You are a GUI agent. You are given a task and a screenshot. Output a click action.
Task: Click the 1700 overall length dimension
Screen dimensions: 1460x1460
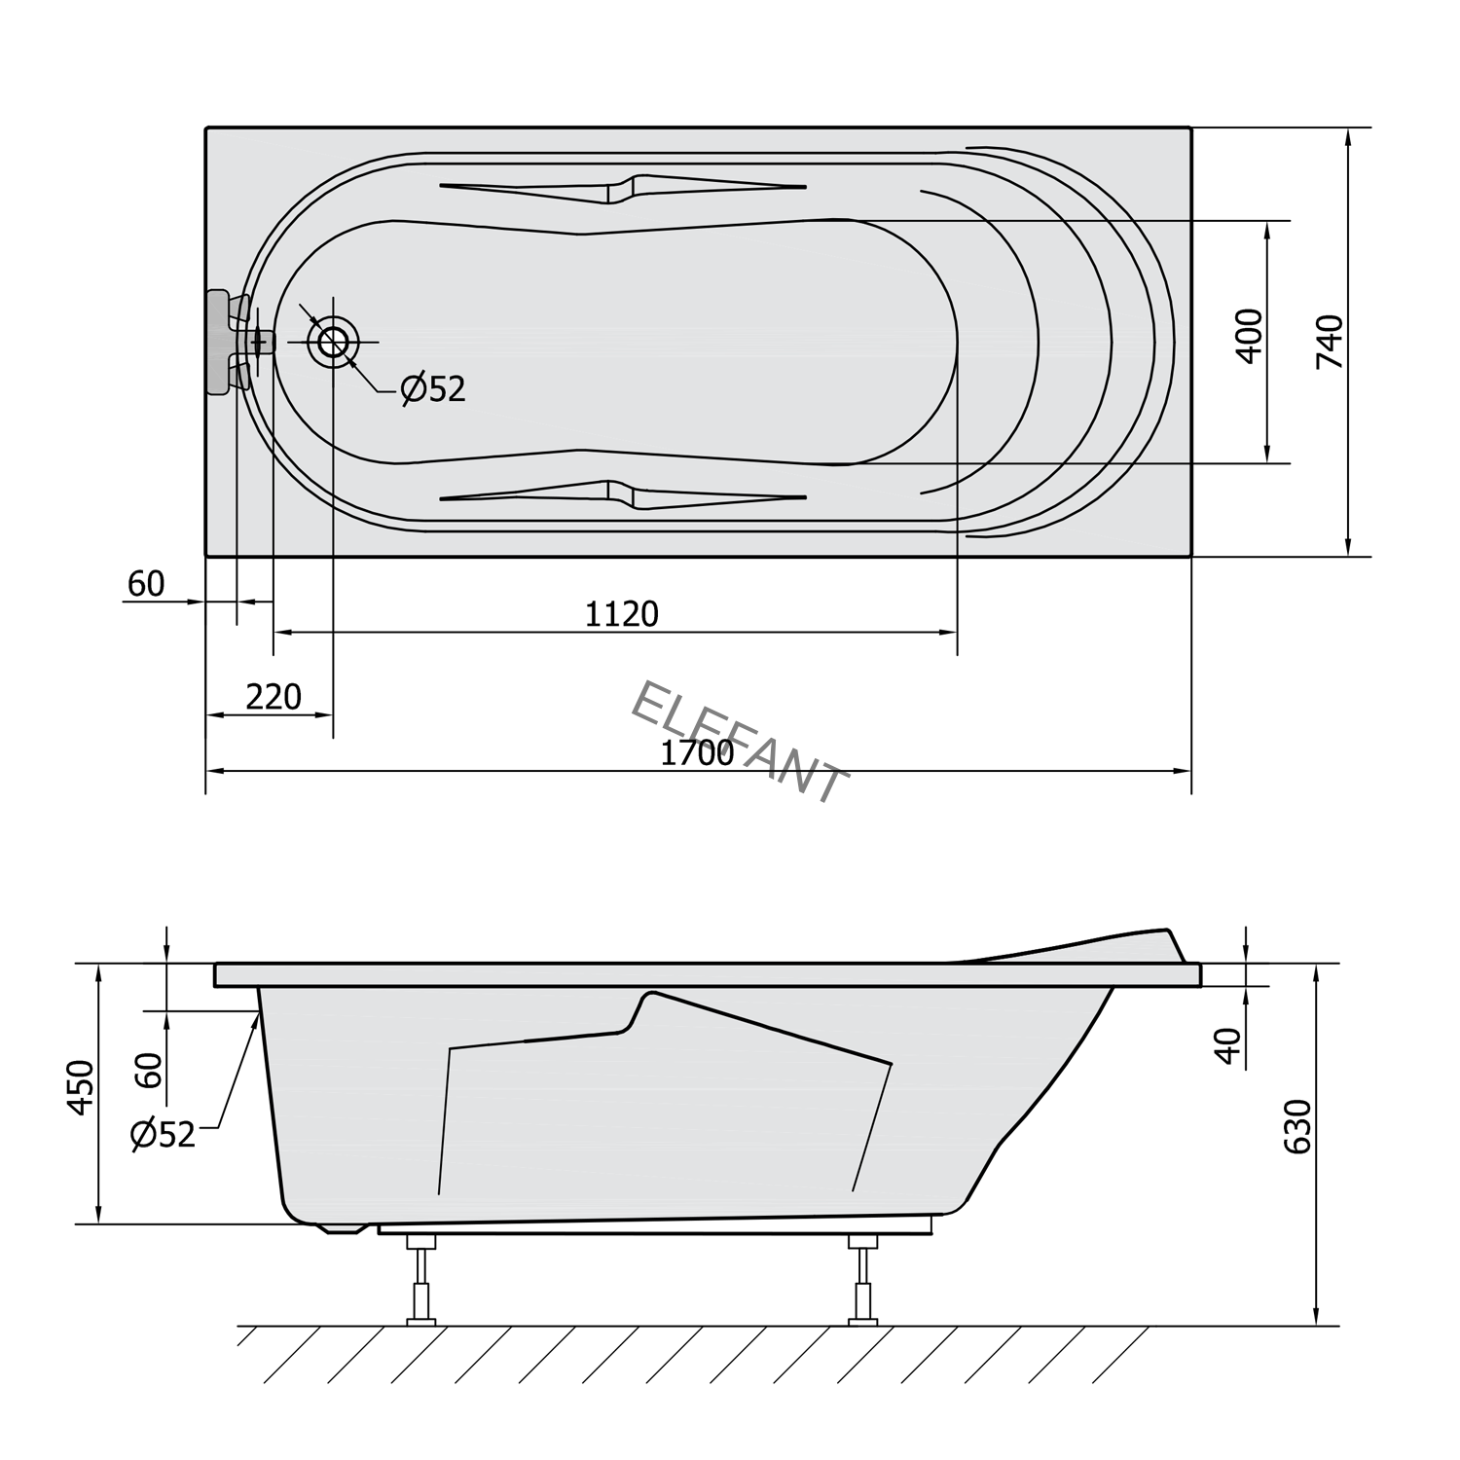[697, 752]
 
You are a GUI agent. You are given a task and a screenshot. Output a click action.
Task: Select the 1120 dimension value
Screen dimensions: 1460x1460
[622, 614]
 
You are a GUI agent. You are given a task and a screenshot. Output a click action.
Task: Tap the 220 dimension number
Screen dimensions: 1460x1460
[274, 697]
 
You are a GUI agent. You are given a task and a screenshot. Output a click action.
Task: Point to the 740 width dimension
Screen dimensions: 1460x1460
[1330, 341]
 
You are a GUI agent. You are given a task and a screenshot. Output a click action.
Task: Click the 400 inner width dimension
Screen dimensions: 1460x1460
[1249, 336]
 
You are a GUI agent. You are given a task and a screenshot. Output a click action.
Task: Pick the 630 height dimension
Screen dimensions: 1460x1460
[1297, 1126]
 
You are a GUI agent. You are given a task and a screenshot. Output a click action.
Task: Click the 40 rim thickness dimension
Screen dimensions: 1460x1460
[1230, 1045]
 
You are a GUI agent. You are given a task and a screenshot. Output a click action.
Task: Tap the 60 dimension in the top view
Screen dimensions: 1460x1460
[146, 584]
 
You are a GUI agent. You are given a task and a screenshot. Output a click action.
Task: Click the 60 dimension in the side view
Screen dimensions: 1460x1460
[148, 1071]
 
